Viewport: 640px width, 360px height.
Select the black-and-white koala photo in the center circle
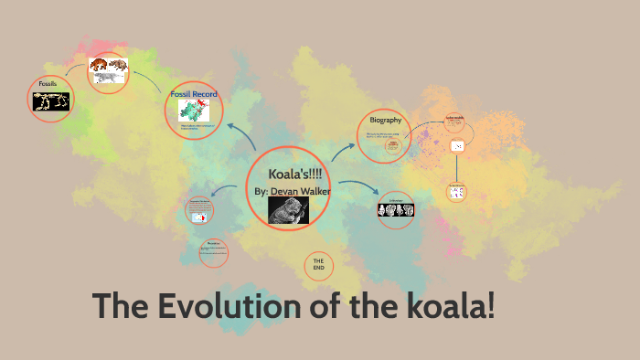coord(288,210)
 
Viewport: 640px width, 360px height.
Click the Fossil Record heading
coord(193,93)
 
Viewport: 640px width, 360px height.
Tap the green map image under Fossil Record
coord(193,111)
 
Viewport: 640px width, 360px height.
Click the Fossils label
coord(48,83)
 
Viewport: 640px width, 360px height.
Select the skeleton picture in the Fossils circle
coord(52,101)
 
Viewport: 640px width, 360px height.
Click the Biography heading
coord(385,121)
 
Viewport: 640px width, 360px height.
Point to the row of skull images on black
coord(396,210)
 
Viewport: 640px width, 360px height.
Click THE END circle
coord(318,265)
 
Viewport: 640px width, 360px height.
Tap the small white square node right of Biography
coord(457,146)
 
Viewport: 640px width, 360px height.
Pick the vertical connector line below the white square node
coord(457,169)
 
